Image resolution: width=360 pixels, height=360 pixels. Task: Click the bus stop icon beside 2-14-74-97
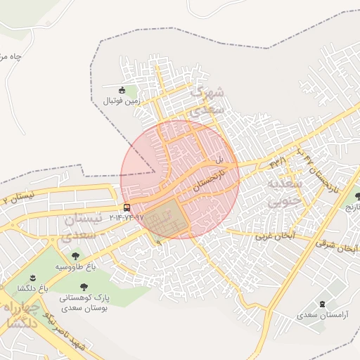click(127, 207)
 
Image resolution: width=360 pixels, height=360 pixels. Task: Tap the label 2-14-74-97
click(127, 218)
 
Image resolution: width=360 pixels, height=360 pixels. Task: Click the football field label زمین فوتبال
click(123, 101)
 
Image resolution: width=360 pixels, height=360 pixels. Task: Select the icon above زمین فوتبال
click(122, 90)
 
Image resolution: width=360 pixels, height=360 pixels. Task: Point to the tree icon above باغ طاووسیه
click(75, 256)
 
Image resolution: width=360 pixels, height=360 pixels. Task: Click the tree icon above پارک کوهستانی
click(84, 286)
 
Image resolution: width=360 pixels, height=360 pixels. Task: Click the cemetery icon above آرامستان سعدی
click(323, 304)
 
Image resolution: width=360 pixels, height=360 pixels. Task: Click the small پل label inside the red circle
click(219, 160)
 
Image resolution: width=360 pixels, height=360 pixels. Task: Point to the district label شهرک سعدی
click(208, 100)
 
